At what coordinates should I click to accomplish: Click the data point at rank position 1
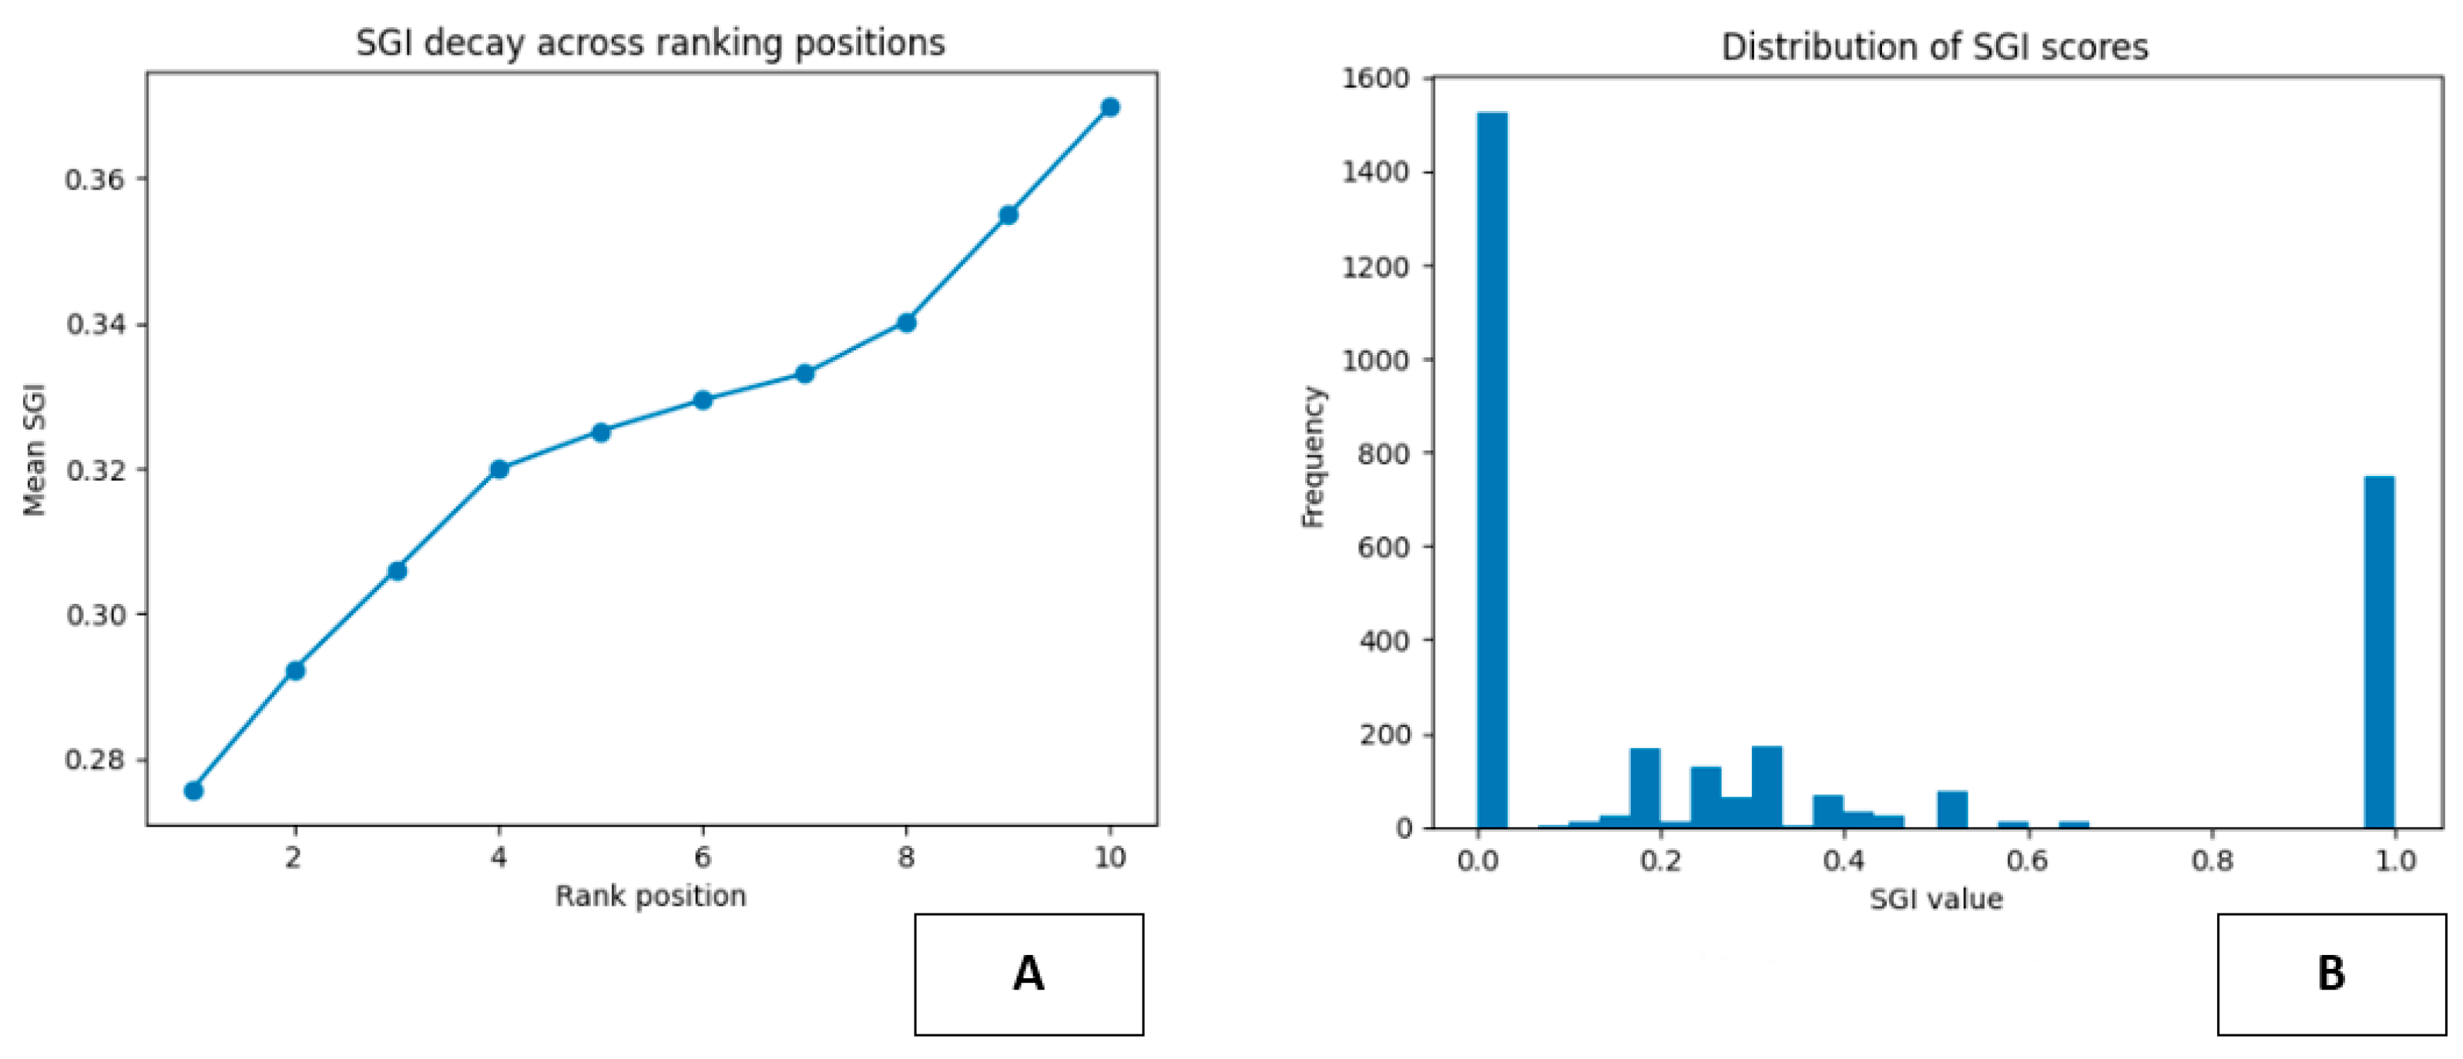[193, 790]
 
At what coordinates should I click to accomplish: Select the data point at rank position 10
[1110, 107]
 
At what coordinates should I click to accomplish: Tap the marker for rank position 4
[499, 469]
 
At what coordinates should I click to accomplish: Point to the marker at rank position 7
[805, 374]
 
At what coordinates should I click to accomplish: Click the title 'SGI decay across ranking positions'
[650, 44]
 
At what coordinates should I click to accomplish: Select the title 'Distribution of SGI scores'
[1934, 47]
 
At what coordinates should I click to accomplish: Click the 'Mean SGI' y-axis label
[35, 449]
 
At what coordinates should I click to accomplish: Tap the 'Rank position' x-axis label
[650, 896]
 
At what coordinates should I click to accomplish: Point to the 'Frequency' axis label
[1313, 457]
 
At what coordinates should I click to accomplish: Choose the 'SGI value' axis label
[1936, 900]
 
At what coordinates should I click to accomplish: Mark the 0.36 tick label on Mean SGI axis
[95, 179]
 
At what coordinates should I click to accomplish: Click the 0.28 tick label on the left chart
[95, 760]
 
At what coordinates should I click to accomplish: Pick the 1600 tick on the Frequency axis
[1377, 79]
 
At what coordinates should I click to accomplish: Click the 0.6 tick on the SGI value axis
[2027, 860]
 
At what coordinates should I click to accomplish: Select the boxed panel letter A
[1028, 974]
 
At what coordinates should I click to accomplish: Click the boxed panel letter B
[2331, 974]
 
